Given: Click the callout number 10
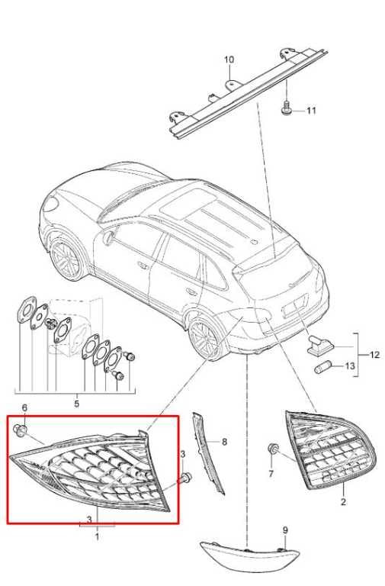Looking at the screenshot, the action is click(229, 60).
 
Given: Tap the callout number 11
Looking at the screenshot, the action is click(311, 111).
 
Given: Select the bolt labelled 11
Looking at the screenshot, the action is click(286, 108).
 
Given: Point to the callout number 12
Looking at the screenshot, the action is click(374, 355).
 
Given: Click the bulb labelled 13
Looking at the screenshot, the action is click(322, 367).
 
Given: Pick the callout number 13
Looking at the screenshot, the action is click(349, 365).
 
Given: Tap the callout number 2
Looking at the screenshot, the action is click(344, 501).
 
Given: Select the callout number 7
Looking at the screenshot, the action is click(271, 474).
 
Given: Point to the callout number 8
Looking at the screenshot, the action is click(224, 442).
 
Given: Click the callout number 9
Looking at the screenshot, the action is click(285, 530).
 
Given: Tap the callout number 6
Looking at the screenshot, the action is click(24, 407).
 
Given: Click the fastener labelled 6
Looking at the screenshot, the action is click(20, 430).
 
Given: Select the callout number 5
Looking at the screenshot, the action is click(76, 404).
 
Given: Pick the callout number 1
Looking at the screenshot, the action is click(97, 537).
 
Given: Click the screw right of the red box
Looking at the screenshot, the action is click(185, 477).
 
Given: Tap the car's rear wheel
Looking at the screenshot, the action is click(204, 339).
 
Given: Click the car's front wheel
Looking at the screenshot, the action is click(66, 259).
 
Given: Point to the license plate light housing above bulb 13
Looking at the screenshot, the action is click(319, 345).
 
